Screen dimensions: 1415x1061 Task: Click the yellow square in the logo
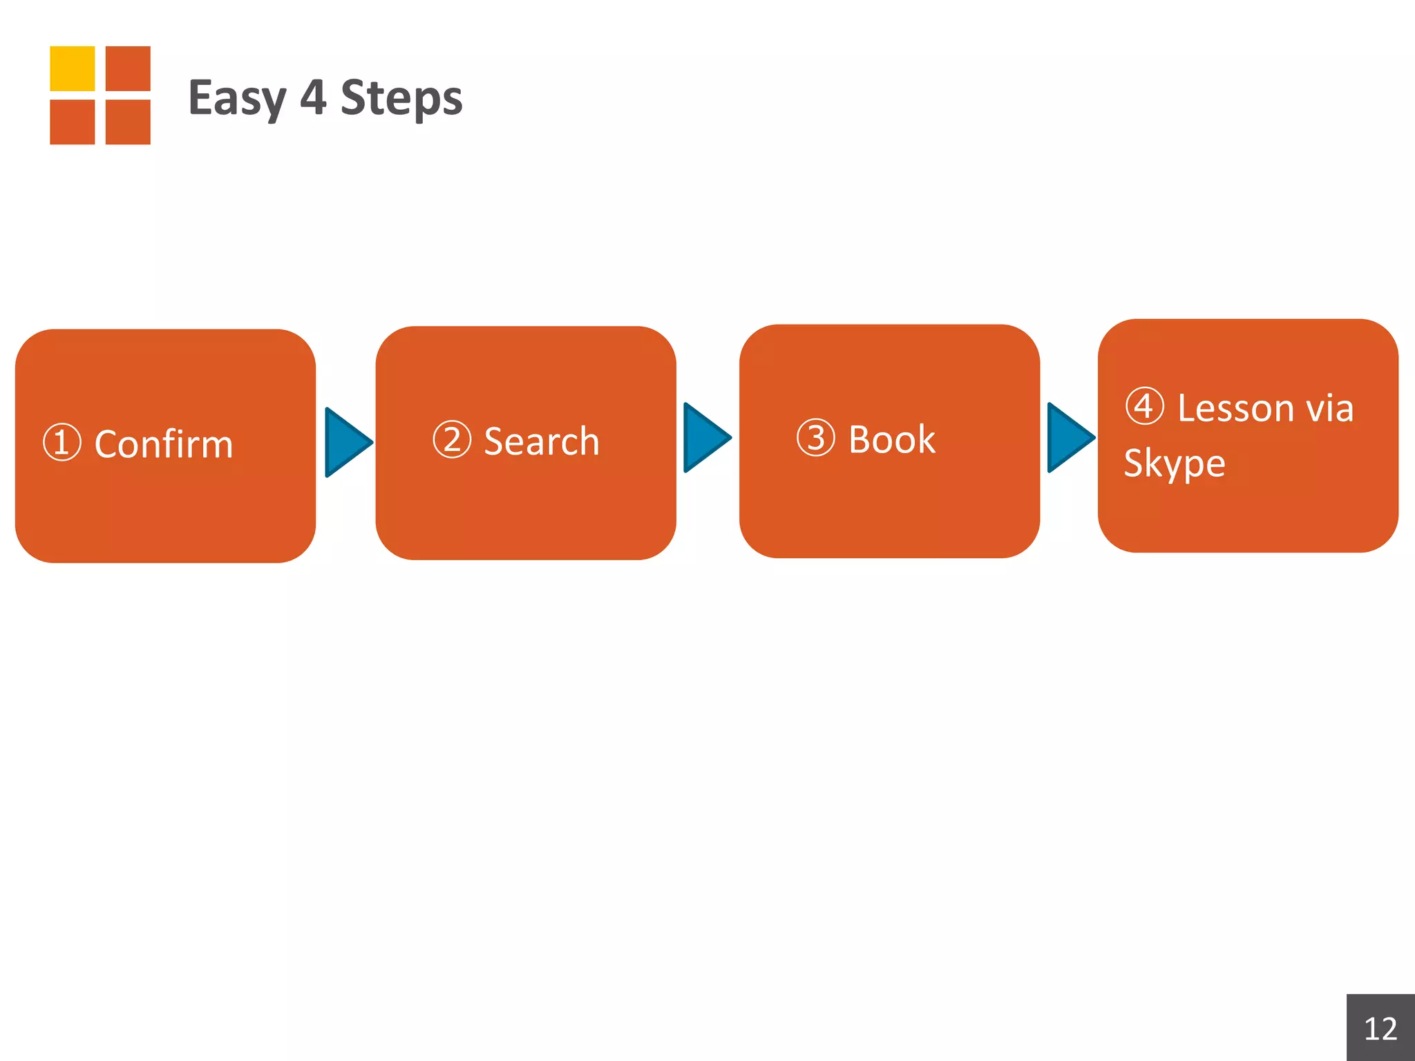point(73,68)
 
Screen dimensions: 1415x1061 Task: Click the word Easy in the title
point(237,99)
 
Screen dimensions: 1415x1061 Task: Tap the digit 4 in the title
point(313,97)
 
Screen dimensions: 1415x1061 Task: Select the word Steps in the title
point(401,99)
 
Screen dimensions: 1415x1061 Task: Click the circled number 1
point(62,442)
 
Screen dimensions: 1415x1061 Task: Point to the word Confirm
point(164,443)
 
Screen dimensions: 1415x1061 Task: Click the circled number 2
point(452,439)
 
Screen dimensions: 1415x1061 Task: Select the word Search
point(542,441)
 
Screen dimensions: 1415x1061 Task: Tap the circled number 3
point(816,437)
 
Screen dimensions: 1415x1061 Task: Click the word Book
point(892,439)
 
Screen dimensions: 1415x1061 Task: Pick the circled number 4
point(1145,405)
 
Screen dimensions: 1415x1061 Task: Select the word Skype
point(1175,463)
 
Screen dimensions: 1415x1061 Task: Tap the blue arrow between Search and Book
point(707,437)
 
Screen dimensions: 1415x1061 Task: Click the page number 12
point(1380,1029)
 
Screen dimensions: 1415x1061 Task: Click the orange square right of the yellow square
point(128,68)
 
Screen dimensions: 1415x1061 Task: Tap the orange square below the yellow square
point(73,122)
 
